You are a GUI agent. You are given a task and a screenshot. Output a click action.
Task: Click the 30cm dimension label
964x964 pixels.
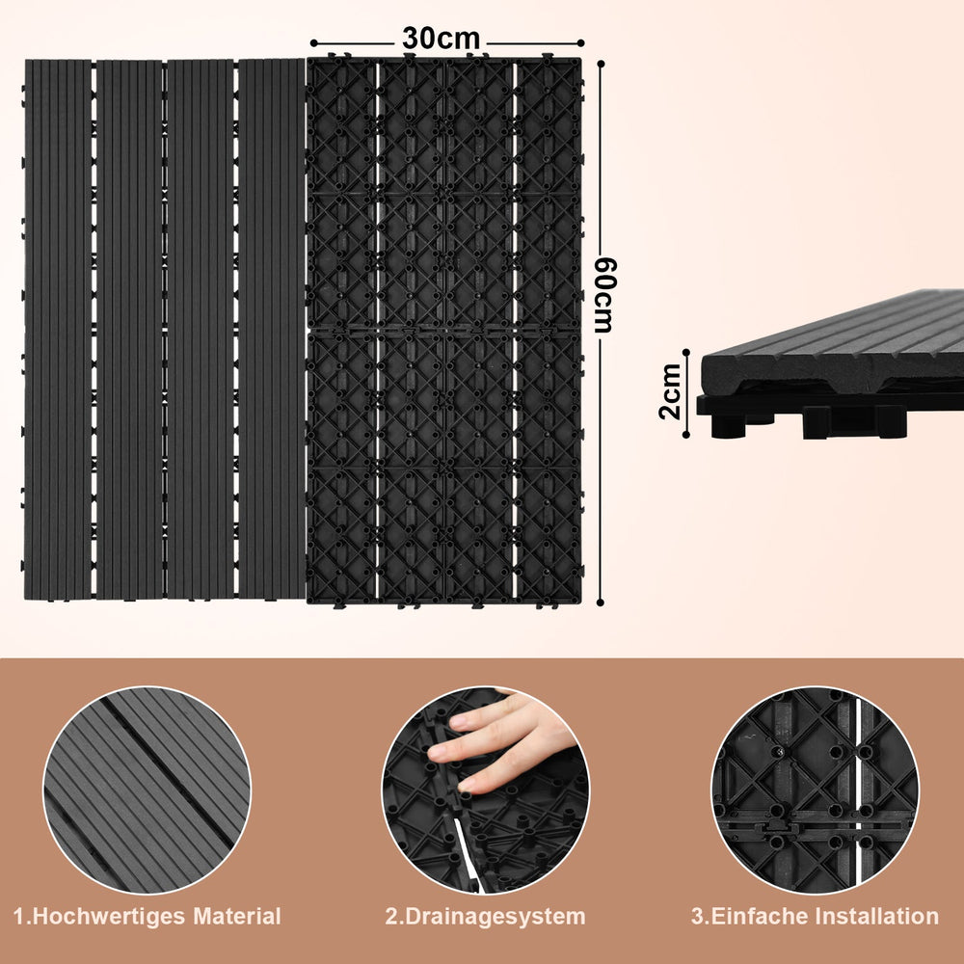[441, 39]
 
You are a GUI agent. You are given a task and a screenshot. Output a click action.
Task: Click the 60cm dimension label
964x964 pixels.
[605, 295]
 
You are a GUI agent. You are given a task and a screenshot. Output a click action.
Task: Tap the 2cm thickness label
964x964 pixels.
[670, 391]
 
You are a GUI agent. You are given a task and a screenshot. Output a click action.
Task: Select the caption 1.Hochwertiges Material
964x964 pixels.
[147, 916]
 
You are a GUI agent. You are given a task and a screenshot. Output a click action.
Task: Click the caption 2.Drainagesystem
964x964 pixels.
[485, 917]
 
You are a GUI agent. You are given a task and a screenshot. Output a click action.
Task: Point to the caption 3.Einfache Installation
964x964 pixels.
[815, 916]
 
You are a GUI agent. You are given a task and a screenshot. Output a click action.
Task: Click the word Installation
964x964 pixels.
[877, 916]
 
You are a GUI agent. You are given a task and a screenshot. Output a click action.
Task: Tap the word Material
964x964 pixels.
[237, 916]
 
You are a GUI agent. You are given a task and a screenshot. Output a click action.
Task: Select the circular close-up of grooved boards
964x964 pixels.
[147, 790]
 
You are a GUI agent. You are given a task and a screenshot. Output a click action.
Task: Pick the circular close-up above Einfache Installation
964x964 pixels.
[816, 790]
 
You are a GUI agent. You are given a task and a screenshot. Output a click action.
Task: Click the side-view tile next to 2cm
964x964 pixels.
[830, 364]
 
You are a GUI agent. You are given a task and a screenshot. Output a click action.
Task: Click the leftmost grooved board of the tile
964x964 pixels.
[58, 330]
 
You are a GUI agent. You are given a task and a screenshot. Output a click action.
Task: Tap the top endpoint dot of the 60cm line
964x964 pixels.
[601, 64]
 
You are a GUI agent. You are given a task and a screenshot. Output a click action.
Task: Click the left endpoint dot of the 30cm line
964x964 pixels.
[313, 43]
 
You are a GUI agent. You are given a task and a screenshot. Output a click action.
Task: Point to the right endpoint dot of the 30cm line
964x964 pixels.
[581, 43]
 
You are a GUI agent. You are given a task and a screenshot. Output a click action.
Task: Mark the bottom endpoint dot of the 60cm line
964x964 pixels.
[601, 603]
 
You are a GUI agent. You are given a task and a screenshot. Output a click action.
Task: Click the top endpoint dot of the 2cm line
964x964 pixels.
[686, 352]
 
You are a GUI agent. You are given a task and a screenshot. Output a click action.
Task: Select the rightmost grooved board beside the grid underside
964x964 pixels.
[272, 329]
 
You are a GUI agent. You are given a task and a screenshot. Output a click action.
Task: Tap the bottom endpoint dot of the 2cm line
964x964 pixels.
[686, 436]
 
